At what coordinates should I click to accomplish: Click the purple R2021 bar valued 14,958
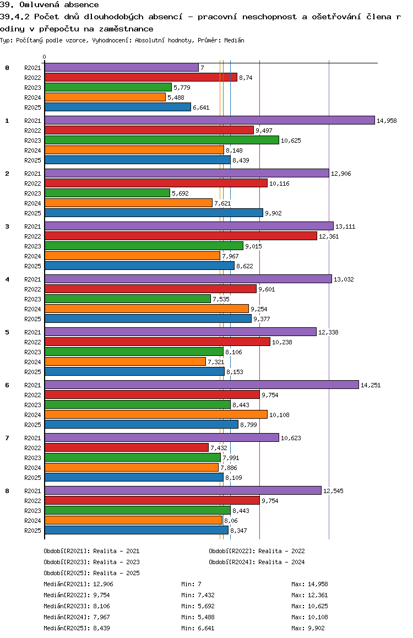click(209, 120)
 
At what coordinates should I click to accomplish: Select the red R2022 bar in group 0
click(140, 77)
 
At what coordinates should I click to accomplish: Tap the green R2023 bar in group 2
click(107, 193)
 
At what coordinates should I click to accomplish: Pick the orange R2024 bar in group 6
click(155, 414)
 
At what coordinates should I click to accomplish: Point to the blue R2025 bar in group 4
click(148, 318)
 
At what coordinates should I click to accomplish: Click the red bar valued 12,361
click(181, 236)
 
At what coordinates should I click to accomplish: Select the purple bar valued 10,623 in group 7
click(161, 437)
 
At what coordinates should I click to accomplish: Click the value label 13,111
click(345, 226)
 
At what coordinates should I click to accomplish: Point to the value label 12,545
click(333, 491)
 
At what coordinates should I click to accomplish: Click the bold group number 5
click(7, 332)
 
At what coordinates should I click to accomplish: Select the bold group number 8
click(7, 491)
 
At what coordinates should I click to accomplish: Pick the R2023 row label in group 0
click(32, 88)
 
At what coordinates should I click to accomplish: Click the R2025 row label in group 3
click(32, 266)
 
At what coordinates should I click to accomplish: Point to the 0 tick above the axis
click(45, 57)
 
